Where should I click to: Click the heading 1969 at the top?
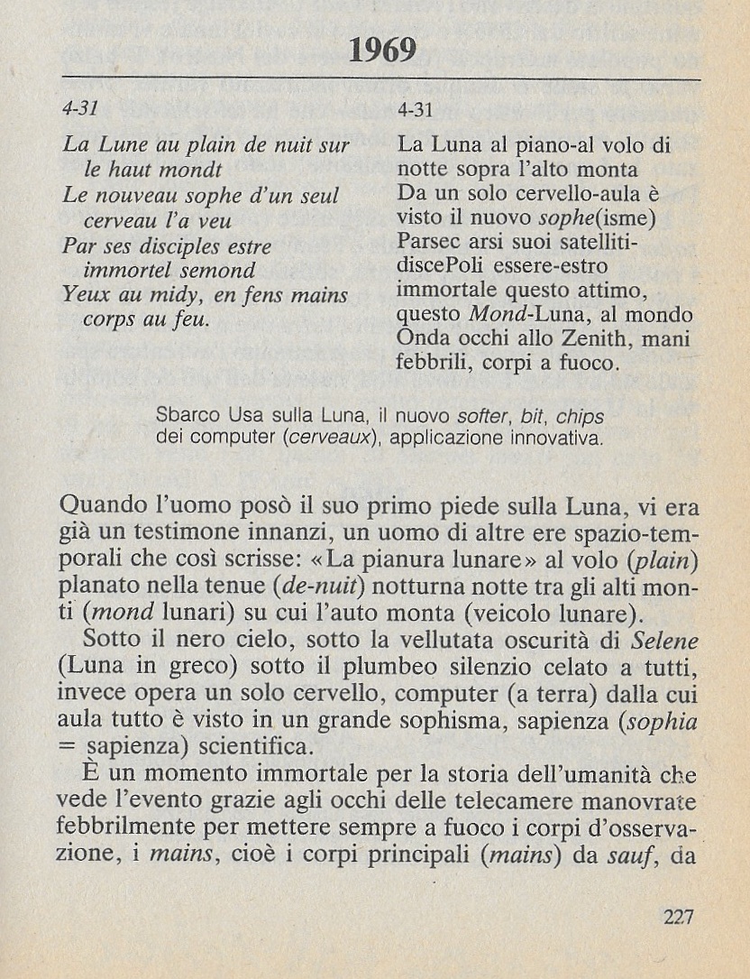click(382, 51)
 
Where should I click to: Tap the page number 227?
click(678, 918)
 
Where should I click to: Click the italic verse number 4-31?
click(79, 108)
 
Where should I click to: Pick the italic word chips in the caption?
click(580, 418)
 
